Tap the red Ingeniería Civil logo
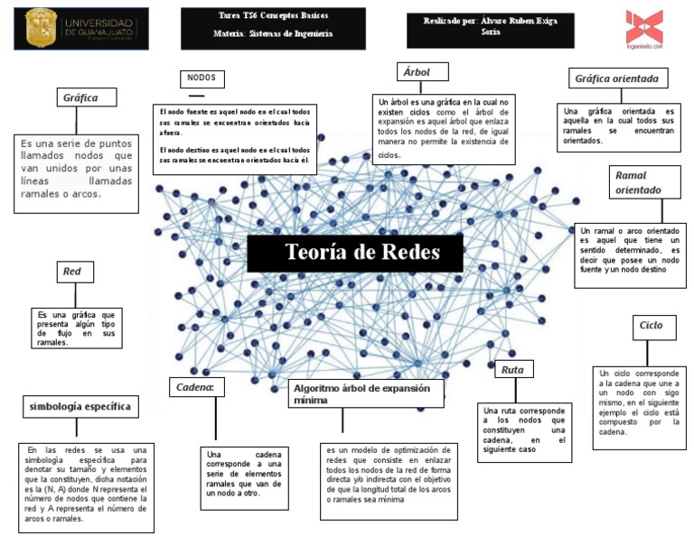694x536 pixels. coord(643,29)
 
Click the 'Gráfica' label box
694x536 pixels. coord(80,97)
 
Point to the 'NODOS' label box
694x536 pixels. coord(202,79)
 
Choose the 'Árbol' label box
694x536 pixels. coord(417,72)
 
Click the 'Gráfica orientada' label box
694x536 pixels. coord(623,79)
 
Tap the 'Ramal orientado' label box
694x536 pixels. coord(638,182)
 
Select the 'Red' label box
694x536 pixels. coord(72,272)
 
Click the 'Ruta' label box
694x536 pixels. coord(514,368)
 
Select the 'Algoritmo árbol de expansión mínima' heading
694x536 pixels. coord(366,393)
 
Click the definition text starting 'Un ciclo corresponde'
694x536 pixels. coord(641,402)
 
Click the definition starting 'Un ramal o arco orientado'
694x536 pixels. coord(630,251)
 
